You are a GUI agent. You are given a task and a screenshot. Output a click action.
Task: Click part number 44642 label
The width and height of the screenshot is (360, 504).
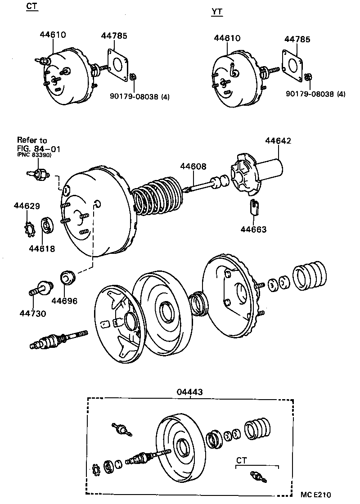pos(278,141)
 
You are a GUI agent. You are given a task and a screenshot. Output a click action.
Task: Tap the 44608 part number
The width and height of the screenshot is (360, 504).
pos(193,166)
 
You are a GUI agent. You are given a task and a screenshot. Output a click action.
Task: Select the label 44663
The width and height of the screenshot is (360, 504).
pos(253,229)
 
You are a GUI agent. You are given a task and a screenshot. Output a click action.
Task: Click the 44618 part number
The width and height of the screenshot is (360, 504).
pos(42,248)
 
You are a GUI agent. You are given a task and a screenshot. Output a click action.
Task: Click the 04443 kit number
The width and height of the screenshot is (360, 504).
pos(190,392)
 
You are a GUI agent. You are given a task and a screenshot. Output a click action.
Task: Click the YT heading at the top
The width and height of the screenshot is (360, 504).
pos(217,12)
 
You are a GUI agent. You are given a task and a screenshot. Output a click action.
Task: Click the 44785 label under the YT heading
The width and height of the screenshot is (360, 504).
pos(297,40)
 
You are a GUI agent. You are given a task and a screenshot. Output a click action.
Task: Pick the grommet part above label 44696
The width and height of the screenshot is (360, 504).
pos(67,278)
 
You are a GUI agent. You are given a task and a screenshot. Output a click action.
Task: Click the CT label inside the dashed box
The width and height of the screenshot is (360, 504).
pos(242,460)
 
